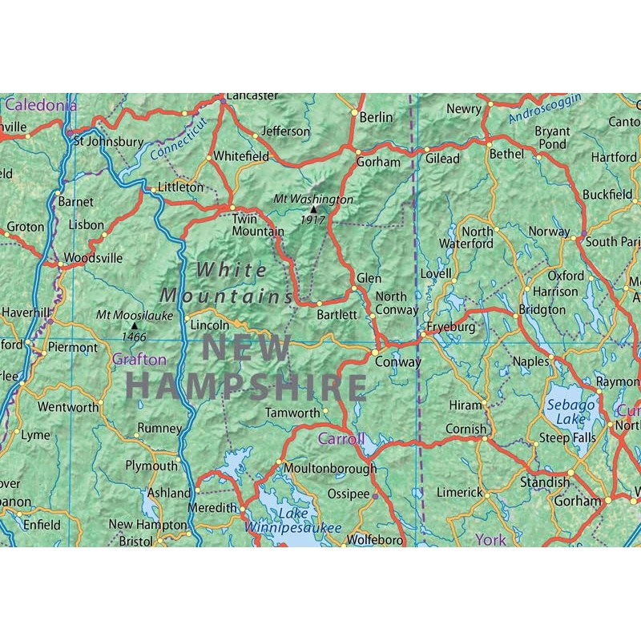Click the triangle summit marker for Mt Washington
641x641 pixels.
tap(313, 209)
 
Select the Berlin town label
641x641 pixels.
tap(376, 117)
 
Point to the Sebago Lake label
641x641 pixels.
tap(570, 412)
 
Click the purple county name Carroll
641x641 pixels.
tap(341, 438)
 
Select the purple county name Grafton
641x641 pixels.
tap(139, 360)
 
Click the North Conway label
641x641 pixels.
tap(397, 303)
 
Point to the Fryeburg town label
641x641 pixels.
tap(450, 327)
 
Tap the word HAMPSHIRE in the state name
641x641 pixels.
tap(246, 385)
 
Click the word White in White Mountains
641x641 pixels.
tap(232, 270)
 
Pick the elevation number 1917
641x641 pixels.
tap(313, 219)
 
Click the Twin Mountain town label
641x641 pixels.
tap(258, 224)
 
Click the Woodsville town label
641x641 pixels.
tap(93, 258)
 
